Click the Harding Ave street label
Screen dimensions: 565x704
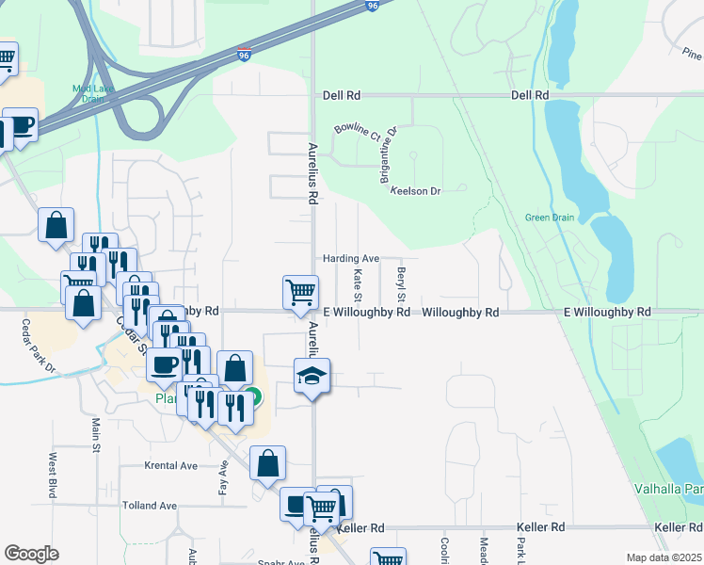pyautogui.click(x=350, y=258)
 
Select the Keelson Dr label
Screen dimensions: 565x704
pyautogui.click(x=416, y=191)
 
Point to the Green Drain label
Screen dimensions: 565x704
pyautogui.click(x=550, y=218)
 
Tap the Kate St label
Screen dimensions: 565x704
pyautogui.click(x=358, y=280)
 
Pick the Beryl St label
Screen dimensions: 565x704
pyautogui.click(x=401, y=280)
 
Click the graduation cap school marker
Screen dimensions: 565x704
pyautogui.click(x=312, y=378)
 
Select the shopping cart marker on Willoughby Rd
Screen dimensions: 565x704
pyautogui.click(x=300, y=291)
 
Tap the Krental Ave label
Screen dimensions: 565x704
pyautogui.click(x=170, y=465)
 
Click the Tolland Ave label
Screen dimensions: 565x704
pyautogui.click(x=150, y=506)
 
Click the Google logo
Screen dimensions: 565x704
pyautogui.click(x=31, y=554)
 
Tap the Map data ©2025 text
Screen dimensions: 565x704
pyautogui.click(x=664, y=557)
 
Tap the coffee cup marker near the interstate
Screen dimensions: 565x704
pyautogui.click(x=20, y=125)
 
